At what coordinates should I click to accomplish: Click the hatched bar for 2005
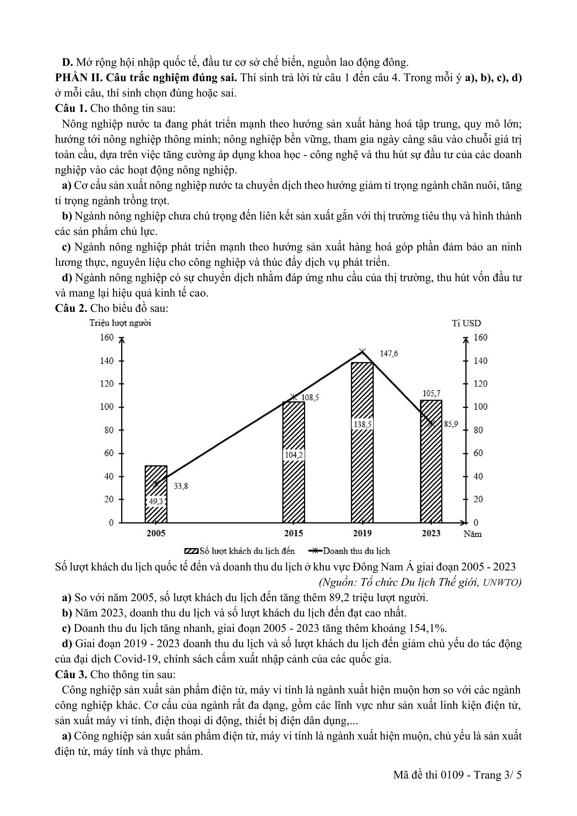tap(156, 494)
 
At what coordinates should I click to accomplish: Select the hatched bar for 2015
tap(293, 462)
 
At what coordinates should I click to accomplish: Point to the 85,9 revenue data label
tap(451, 424)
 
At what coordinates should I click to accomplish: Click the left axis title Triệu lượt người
tap(120, 323)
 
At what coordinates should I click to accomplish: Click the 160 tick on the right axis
tap(480, 337)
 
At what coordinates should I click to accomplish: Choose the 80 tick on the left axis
tap(109, 430)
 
